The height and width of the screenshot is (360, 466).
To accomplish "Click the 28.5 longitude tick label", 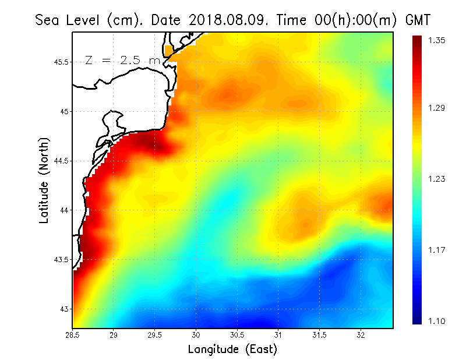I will click(73, 336).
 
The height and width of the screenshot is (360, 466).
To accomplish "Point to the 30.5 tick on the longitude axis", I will click(237, 336).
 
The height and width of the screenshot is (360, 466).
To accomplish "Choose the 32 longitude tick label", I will click(361, 336).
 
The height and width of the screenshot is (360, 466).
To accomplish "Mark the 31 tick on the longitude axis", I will click(278, 336).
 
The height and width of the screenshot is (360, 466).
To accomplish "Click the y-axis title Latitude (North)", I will click(44, 181).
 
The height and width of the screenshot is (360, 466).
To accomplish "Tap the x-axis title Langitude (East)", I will click(232, 350).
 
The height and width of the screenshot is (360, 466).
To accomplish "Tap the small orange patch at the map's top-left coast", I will click(169, 51).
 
